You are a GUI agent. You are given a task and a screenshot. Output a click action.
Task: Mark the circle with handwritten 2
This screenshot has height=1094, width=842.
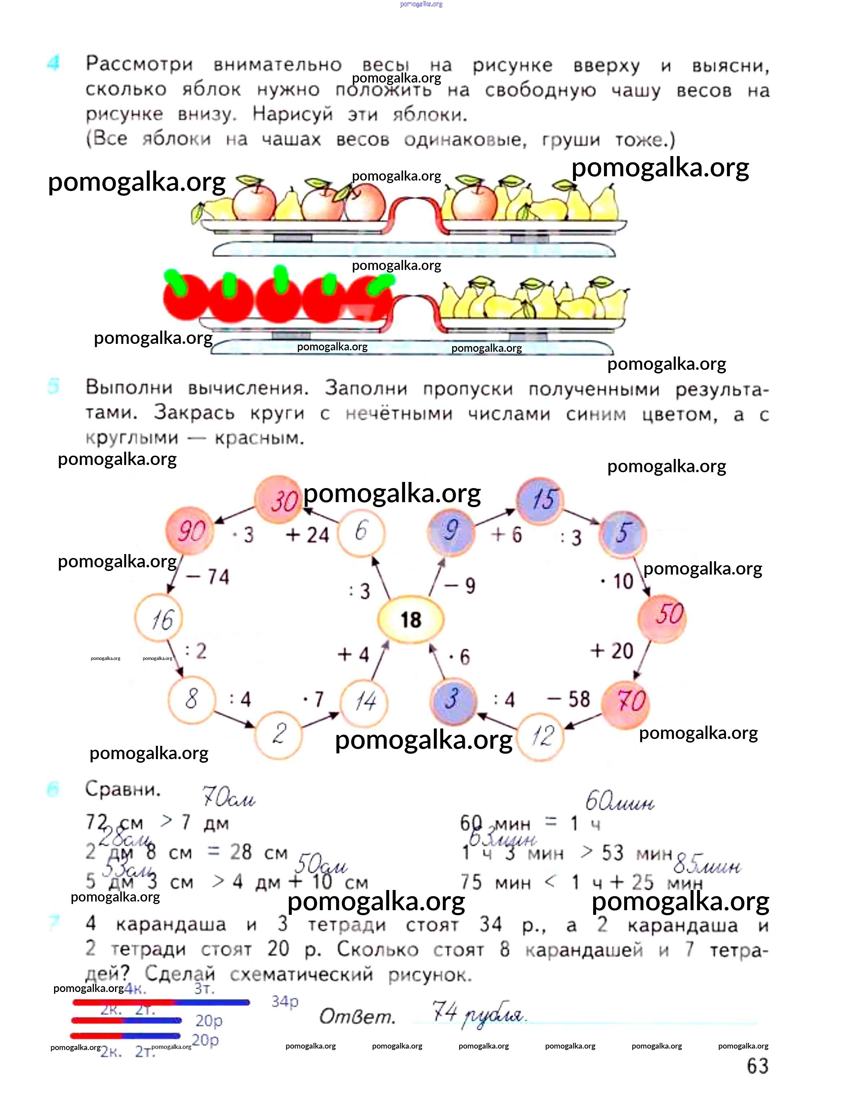coord(279,734)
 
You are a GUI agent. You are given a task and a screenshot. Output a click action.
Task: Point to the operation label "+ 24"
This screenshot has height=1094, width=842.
coord(307,535)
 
